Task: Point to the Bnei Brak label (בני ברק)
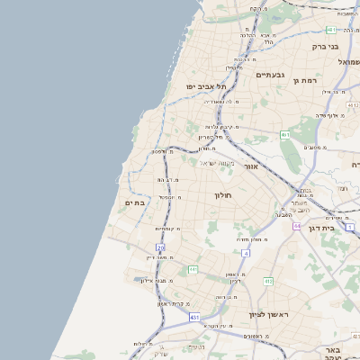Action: tap(324, 46)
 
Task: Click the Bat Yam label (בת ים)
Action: tap(133, 203)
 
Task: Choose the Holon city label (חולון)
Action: tap(223, 194)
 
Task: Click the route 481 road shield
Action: tap(332, 30)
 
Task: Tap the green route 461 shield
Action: tap(284, 135)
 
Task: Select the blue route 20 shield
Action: tap(160, 247)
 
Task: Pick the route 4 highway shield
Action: tap(246, 254)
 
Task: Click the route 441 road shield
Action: tap(193, 269)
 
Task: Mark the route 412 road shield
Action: tap(267, 282)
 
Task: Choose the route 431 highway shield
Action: tap(194, 318)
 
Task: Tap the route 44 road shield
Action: tap(296, 226)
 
